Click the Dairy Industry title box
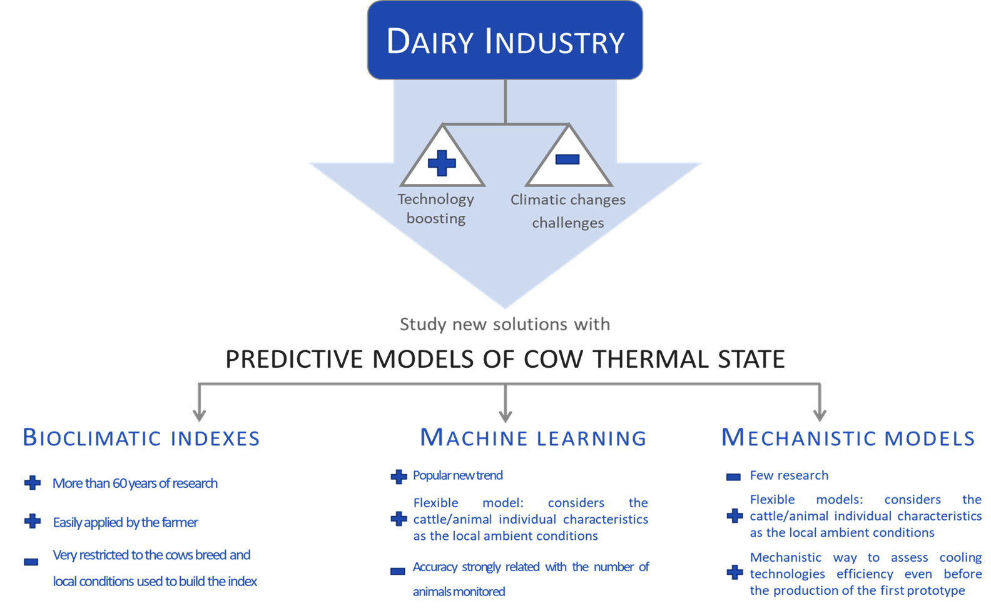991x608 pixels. pyautogui.click(x=504, y=41)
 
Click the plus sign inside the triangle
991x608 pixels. pyautogui.click(x=442, y=163)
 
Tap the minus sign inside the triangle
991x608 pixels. pyautogui.click(x=567, y=160)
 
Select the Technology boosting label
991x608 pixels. pyautogui.click(x=436, y=208)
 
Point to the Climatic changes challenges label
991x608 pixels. pyautogui.click(x=567, y=211)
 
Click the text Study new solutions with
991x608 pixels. pyautogui.click(x=504, y=324)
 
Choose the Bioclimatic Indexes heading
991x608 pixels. pyautogui.click(x=141, y=438)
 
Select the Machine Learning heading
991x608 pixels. pyautogui.click(x=533, y=438)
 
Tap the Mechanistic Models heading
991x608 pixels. pyautogui.click(x=848, y=438)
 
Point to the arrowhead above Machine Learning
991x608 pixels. pyautogui.click(x=506, y=415)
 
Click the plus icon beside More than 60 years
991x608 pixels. pyautogui.click(x=33, y=483)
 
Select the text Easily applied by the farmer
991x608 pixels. pyautogui.click(x=125, y=522)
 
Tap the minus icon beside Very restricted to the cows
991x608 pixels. pyautogui.click(x=31, y=562)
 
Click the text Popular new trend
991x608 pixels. pyautogui.click(x=457, y=475)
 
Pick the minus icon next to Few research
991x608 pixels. pyautogui.click(x=733, y=477)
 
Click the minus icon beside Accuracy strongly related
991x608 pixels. pyautogui.click(x=397, y=571)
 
